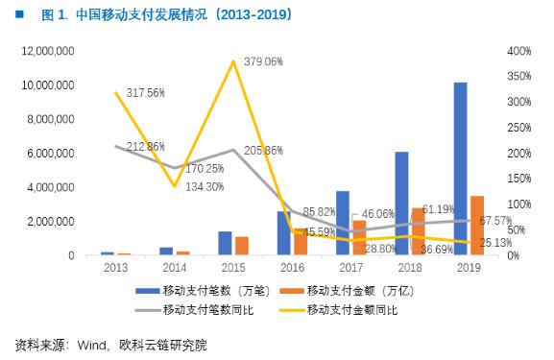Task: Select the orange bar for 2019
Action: [x=477, y=226]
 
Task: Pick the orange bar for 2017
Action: [x=358, y=237]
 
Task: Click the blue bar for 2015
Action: [x=225, y=243]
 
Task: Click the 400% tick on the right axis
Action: [x=519, y=51]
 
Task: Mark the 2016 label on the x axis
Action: [x=292, y=269]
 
